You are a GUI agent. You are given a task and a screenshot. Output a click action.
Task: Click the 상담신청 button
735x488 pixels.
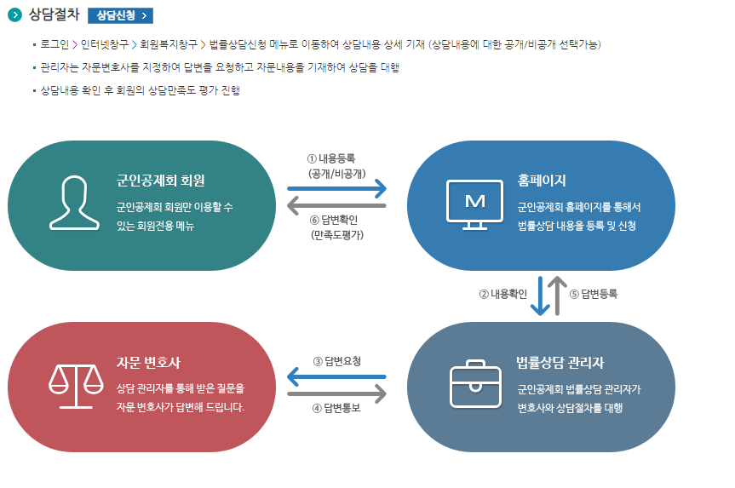coord(120,15)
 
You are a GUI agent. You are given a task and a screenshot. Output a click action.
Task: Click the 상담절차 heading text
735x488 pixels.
coord(54,15)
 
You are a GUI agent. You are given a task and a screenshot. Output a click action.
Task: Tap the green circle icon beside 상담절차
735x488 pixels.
coord(14,15)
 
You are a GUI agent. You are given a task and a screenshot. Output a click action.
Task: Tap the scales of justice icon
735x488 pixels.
coord(73,385)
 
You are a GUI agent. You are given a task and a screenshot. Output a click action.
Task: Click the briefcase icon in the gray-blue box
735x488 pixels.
coord(474,384)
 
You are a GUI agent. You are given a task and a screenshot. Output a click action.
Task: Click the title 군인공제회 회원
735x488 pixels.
coord(161,181)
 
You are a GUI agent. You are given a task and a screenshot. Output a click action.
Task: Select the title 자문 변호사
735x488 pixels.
coord(148,362)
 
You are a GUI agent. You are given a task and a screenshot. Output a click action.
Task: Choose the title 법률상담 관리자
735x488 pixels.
coord(560,363)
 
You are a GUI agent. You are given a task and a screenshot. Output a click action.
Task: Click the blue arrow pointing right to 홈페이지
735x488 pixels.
coord(337,187)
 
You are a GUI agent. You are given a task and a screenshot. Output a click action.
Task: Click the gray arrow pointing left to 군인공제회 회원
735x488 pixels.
coord(337,205)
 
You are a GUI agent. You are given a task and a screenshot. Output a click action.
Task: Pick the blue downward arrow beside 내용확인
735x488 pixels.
coord(540,295)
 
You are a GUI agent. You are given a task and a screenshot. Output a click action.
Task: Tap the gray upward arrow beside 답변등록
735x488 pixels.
coord(558,295)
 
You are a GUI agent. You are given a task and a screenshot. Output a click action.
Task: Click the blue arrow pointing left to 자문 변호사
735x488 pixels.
coord(337,376)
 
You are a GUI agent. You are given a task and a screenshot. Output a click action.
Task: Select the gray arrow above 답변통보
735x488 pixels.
coord(337,394)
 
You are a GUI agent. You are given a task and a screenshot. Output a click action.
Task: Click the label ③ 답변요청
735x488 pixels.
coord(336,361)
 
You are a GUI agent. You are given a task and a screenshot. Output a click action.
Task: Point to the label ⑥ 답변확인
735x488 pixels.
coord(337,221)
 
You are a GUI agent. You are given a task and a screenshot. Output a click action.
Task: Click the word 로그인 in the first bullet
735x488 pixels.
coord(55,44)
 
